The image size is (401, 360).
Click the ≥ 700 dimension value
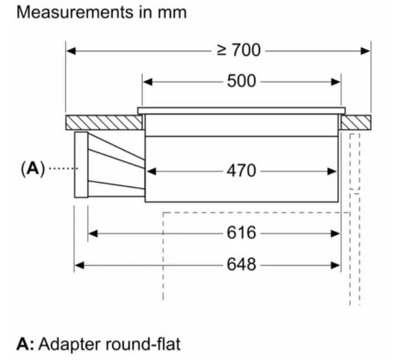tap(238, 51)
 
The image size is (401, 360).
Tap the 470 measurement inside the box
tap(242, 171)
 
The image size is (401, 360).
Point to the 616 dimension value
tap(242, 233)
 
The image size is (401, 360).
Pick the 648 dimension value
tap(242, 265)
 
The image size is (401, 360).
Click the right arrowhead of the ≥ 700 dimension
tap(366, 51)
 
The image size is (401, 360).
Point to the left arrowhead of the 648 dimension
tap(79, 266)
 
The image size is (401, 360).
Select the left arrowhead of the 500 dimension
tap(147, 82)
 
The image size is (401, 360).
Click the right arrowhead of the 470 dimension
tap(335, 171)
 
